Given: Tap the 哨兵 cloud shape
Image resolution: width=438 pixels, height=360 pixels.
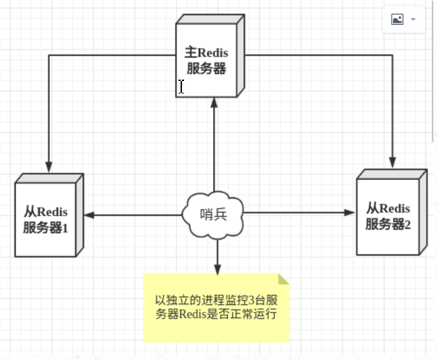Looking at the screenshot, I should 214,215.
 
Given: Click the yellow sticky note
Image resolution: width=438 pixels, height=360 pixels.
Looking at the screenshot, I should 217,308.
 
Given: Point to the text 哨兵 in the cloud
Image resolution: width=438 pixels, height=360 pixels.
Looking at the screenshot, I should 214,215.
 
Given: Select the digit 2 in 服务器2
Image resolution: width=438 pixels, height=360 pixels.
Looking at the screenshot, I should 408,224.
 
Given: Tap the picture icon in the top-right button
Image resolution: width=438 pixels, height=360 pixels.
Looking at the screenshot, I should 397,19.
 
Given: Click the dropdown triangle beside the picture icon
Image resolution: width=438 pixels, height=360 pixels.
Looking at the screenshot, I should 413,19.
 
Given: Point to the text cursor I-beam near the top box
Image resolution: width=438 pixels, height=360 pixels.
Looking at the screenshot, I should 181,87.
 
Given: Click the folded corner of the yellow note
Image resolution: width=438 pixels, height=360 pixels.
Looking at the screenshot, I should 282,279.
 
